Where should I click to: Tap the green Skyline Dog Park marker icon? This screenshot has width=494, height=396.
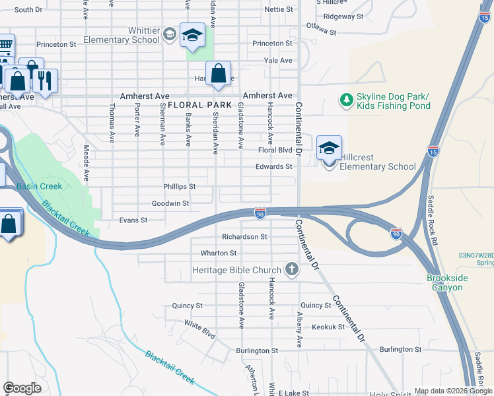(345, 100)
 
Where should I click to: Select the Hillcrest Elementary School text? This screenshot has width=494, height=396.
(377, 162)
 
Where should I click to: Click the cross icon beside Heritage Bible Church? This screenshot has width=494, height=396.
(291, 269)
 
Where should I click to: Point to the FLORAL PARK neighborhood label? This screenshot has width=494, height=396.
(199, 105)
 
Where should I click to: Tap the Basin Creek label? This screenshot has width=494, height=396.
(39, 186)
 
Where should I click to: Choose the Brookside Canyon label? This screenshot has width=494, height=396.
(446, 282)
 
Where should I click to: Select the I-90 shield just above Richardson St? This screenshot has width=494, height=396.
(260, 213)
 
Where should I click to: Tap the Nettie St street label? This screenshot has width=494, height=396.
(278, 10)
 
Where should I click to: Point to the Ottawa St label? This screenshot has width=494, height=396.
(321, 31)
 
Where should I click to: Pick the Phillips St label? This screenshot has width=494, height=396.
(180, 187)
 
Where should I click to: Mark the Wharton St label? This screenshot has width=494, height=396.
(218, 253)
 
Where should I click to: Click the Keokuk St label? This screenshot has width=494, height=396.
(328, 327)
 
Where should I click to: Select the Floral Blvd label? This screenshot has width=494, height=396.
(275, 150)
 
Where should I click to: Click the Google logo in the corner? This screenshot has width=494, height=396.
(22, 388)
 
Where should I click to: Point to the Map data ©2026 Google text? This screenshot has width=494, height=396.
(453, 391)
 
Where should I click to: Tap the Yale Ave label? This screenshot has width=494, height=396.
(278, 60)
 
